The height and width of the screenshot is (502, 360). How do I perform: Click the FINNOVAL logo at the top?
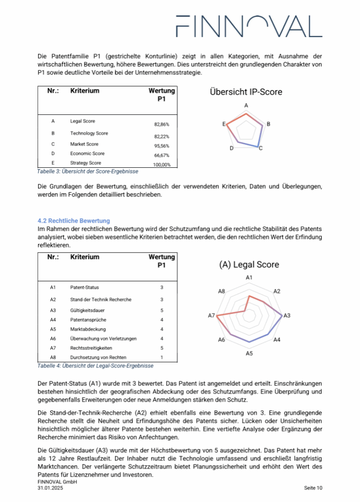[x=248, y=26]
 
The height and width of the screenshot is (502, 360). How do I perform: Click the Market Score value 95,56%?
[x=161, y=146]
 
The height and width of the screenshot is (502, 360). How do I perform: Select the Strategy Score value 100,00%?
[x=162, y=165]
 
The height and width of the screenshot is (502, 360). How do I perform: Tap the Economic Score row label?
[x=87, y=153]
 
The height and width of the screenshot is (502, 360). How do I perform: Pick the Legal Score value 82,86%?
[x=161, y=125]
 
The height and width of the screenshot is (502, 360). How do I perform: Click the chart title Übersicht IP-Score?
[x=246, y=92]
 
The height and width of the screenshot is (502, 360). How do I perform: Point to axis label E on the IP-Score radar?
[x=225, y=124]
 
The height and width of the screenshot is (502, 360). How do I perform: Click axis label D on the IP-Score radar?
[x=232, y=148]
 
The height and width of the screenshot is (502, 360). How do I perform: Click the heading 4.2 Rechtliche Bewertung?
[x=74, y=220]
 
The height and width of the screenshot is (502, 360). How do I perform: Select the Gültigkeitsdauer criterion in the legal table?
[x=87, y=310]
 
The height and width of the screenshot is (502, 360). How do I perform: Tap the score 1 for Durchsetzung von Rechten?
[x=161, y=357]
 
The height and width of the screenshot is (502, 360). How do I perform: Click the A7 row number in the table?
[x=53, y=348]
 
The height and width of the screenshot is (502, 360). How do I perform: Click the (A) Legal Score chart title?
[x=248, y=265]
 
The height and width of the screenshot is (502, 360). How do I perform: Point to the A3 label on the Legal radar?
[x=287, y=315]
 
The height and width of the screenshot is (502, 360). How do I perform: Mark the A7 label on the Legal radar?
[x=211, y=315]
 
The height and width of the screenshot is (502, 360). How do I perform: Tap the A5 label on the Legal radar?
[x=249, y=353]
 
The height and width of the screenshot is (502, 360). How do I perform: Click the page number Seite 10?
[x=313, y=488]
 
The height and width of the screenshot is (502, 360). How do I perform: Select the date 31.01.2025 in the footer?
[x=50, y=488]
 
